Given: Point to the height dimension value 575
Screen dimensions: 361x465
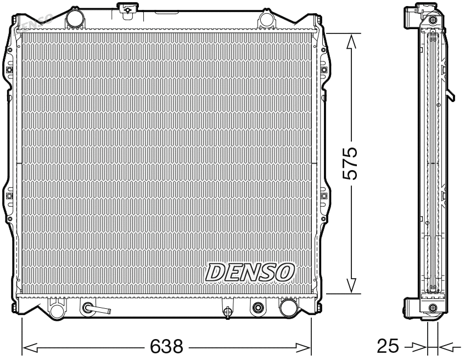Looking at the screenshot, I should [350, 163].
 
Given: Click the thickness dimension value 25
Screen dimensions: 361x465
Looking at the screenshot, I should [388, 346].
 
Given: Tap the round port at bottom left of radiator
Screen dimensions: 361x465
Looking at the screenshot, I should [55, 310].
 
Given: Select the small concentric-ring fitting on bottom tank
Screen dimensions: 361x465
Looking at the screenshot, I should [256, 308].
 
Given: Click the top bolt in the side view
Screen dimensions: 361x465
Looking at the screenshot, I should [433, 20].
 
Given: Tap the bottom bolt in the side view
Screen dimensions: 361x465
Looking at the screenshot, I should [433, 307].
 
